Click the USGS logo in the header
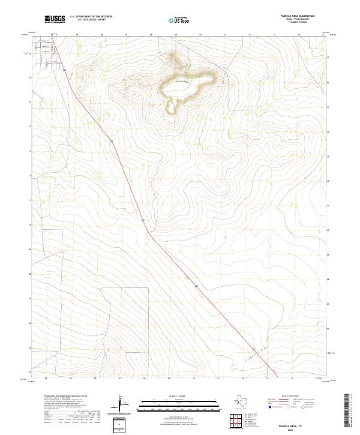tap(55, 19)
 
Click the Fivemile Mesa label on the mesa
tap(182, 81)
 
